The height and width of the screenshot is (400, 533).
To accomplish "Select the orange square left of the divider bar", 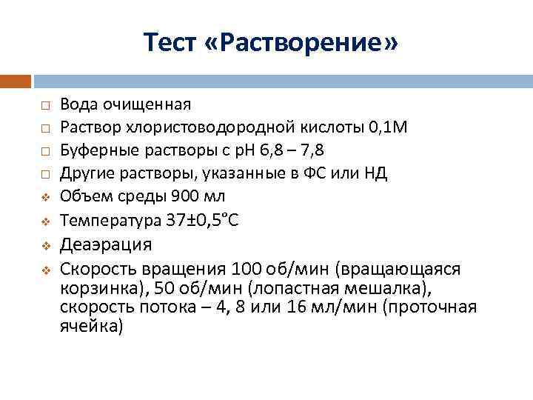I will [x=15, y=80].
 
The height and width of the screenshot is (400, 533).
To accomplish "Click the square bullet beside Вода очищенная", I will [x=44, y=104].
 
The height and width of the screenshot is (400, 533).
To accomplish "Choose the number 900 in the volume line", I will [x=184, y=197].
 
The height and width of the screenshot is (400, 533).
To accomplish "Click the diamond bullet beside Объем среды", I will [x=44, y=198].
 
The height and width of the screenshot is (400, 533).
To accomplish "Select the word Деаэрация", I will [x=106, y=244].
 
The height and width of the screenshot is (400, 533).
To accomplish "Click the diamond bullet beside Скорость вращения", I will [x=44, y=268].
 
